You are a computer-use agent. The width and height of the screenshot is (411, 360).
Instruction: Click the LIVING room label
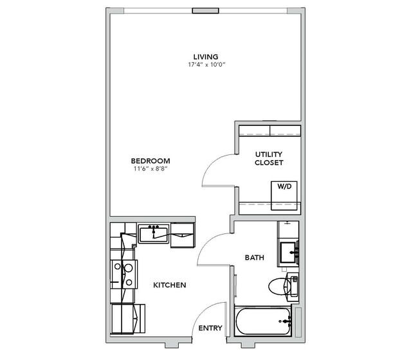(206, 57)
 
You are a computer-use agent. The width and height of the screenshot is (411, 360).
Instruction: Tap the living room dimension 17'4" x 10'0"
(206, 65)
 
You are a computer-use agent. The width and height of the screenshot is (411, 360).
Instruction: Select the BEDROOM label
(151, 161)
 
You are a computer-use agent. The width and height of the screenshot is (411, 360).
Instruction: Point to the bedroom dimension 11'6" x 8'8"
(151, 168)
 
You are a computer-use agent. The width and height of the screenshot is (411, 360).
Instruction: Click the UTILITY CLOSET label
(269, 158)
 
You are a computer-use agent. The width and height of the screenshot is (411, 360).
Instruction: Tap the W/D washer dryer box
(284, 195)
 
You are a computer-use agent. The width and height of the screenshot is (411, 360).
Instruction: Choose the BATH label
(254, 258)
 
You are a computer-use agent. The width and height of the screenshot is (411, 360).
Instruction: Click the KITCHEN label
(170, 285)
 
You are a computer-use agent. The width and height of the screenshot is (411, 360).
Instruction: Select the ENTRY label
(210, 328)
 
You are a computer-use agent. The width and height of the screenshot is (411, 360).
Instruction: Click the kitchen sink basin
(153, 235)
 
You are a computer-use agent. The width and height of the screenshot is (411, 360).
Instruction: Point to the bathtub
(263, 321)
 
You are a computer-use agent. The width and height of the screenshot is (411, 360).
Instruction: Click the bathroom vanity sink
(289, 253)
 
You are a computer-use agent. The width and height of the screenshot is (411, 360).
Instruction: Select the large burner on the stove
(128, 268)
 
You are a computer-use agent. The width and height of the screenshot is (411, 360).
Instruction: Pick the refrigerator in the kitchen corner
(128, 319)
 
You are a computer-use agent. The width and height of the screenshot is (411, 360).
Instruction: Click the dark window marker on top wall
(206, 11)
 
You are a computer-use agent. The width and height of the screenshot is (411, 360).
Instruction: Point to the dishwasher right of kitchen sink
(183, 235)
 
